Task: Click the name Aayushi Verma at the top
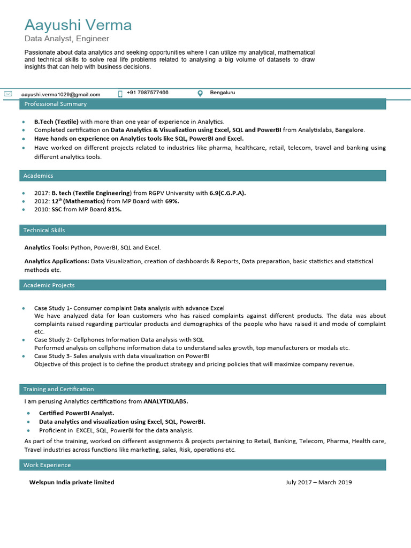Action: click(78, 25)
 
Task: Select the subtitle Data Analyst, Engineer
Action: click(67, 39)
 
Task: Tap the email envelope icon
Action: click(8, 94)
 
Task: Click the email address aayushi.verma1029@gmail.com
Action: click(60, 94)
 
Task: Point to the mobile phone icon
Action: click(120, 94)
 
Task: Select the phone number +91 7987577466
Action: click(148, 93)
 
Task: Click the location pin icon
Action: click(200, 94)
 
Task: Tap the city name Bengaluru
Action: click(222, 93)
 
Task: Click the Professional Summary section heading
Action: click(55, 104)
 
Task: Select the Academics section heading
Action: click(38, 176)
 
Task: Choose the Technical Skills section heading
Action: click(44, 230)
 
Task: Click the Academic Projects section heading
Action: click(49, 285)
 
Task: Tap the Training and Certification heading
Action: click(58, 389)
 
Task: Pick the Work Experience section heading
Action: click(47, 465)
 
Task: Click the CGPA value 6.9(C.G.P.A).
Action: click(227, 193)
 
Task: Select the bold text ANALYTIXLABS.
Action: click(166, 401)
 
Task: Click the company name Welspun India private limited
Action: click(72, 482)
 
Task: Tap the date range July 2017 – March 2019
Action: click(318, 482)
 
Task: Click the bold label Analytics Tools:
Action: click(47, 248)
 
